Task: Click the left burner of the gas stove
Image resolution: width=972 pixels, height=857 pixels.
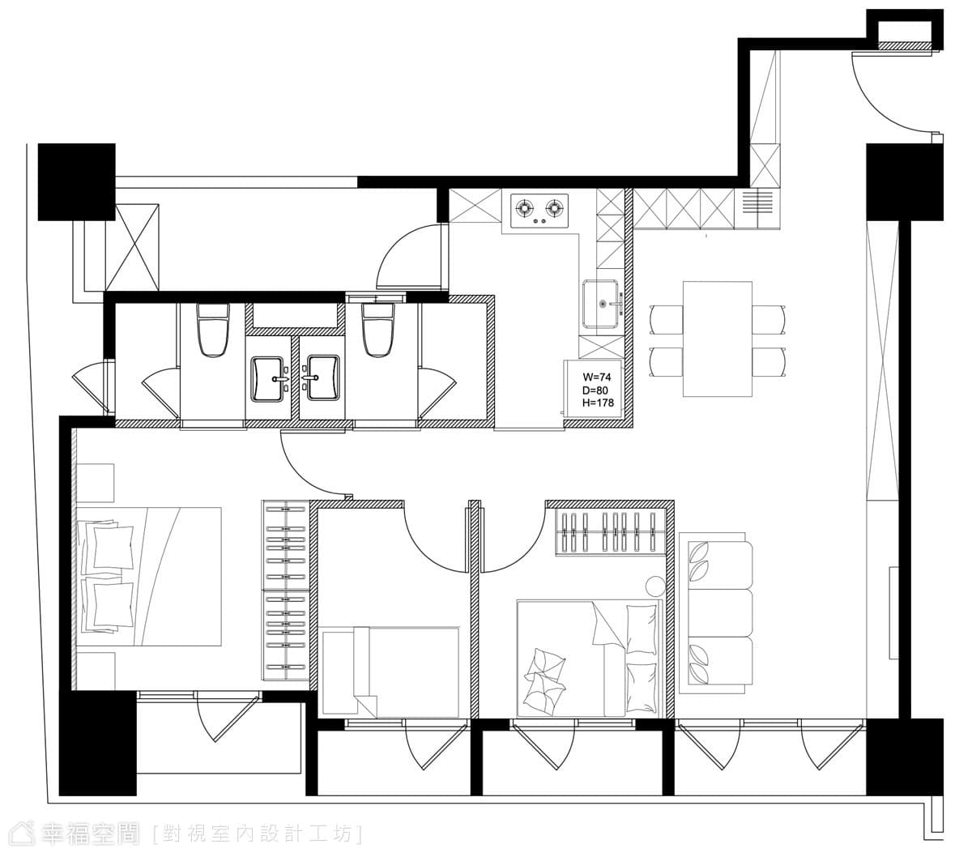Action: pos(524,208)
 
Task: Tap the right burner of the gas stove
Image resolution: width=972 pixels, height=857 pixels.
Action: pos(554,208)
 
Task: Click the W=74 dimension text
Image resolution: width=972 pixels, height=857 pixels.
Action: pos(596,377)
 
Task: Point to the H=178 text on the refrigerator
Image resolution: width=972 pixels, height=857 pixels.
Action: pos(598,403)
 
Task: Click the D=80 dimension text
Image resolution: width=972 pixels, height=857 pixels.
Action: pos(595,390)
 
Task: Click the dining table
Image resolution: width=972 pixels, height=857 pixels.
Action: pos(717,339)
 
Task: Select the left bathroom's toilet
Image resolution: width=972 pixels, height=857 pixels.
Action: pos(213,330)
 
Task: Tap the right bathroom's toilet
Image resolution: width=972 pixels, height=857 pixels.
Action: pos(378,330)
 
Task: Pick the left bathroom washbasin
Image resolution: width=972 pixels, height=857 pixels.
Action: pos(268,378)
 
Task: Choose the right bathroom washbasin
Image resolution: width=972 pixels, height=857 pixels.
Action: pos(323,377)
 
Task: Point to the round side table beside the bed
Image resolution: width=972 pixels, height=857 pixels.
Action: pos(655,586)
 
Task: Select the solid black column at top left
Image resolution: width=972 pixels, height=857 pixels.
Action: pos(77,182)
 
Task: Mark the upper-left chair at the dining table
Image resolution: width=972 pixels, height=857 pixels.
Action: pos(666,319)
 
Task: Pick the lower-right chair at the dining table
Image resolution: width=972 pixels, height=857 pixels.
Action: pos(769,362)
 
